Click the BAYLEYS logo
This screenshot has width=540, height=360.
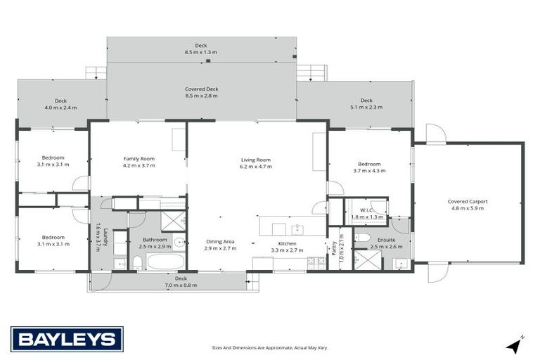(x=67, y=339)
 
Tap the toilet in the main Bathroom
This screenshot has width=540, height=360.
(x=138, y=262)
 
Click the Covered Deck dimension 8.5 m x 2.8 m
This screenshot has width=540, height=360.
(x=202, y=96)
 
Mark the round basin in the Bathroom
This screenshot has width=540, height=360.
(x=179, y=243)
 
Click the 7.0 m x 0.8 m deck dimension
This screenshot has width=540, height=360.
(x=181, y=285)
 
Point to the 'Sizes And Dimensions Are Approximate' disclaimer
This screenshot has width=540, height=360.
(x=270, y=347)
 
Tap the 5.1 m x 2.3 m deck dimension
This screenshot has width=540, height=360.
(x=366, y=107)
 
